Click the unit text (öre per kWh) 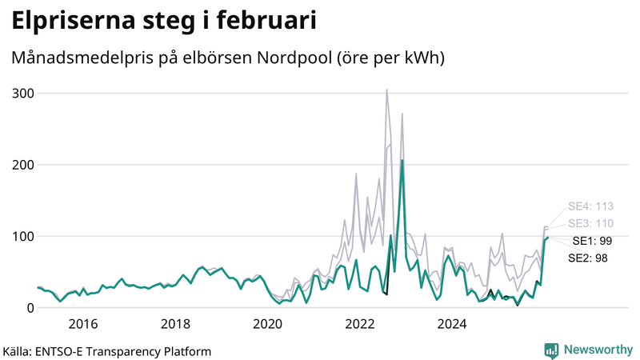pyautogui.click(x=392, y=59)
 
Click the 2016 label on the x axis pyautogui.click(x=83, y=324)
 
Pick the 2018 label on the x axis pyautogui.click(x=175, y=324)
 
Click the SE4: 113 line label pyautogui.click(x=590, y=206)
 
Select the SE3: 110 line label pyautogui.click(x=590, y=223)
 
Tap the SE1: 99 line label pyautogui.click(x=591, y=241)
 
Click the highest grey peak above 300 pyautogui.click(x=387, y=90)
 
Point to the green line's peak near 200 pyautogui.click(x=402, y=161)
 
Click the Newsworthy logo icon pyautogui.click(x=551, y=350)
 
